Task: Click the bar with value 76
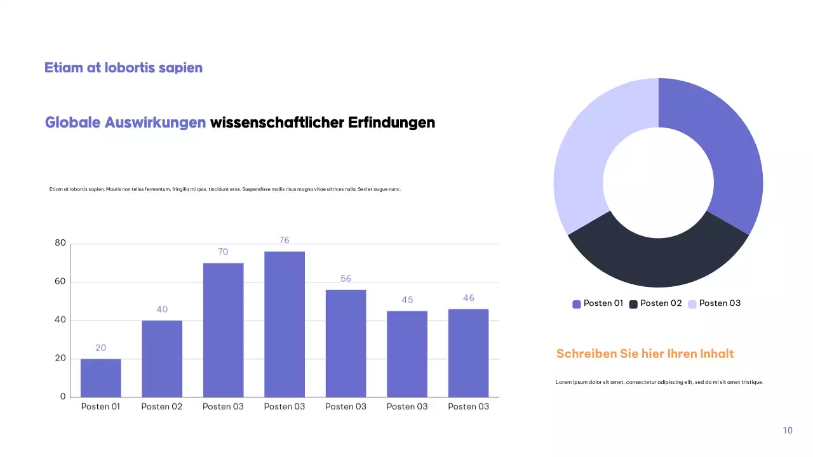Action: coord(285,324)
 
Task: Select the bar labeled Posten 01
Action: coord(100,378)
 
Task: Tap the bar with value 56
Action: coord(346,343)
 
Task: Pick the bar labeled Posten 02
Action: coord(162,359)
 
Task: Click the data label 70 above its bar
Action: coord(223,252)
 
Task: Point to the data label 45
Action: coord(407,300)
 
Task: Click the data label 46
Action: coord(469,298)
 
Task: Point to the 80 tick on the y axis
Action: coord(60,243)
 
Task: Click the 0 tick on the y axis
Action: coord(63,397)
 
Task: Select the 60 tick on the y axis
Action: coord(60,282)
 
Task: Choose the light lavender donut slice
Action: coord(584,165)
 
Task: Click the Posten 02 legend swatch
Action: coord(633,304)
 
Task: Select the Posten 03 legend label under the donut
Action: coord(720,303)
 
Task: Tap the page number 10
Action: coord(788,430)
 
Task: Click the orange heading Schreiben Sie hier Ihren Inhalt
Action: coord(645,354)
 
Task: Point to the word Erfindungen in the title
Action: coord(391,123)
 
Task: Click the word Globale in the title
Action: coord(72,123)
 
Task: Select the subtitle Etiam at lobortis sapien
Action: coord(123,67)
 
